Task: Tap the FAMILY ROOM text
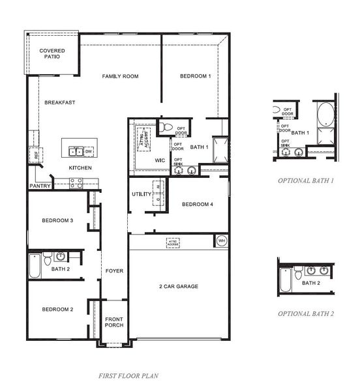121,76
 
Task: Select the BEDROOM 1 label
196,76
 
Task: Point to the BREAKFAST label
60,102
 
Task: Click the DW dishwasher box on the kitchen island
89,152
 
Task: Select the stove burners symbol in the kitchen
76,183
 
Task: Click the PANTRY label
40,186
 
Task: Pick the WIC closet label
160,160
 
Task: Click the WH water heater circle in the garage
222,241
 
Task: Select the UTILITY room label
141,194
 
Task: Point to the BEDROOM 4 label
197,205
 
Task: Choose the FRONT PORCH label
114,322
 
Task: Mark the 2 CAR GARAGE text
179,286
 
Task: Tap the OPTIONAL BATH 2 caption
306,313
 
